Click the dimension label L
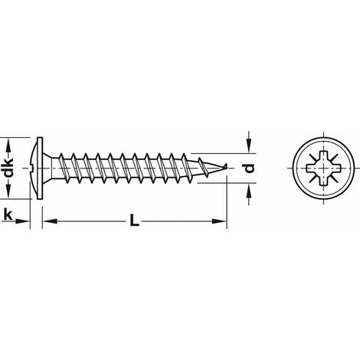tap(134, 223)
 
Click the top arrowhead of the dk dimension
tap(10, 143)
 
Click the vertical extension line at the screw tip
tap(229, 199)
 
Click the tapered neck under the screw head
tap(51, 169)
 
